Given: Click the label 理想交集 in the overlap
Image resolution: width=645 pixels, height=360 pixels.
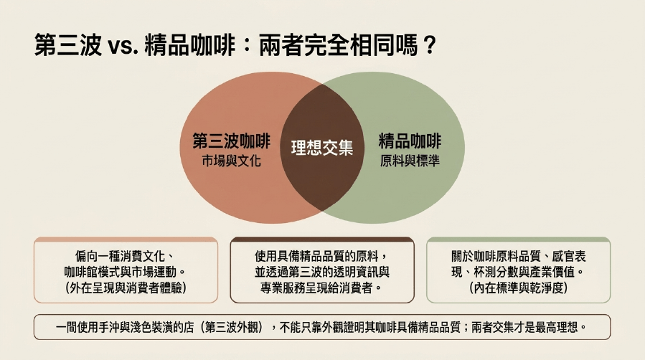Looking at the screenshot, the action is [x=322, y=148].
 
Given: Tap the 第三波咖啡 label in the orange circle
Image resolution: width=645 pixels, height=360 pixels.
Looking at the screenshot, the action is [x=232, y=141].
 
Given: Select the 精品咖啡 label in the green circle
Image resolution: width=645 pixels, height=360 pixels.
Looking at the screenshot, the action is [x=410, y=141].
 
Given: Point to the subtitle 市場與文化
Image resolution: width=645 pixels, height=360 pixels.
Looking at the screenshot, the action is [x=232, y=161].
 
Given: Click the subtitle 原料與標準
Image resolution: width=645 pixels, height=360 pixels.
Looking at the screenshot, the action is [x=410, y=161].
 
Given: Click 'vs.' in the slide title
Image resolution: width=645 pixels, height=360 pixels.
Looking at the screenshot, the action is [x=123, y=46].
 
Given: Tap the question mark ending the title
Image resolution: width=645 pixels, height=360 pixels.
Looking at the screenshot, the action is [x=429, y=45].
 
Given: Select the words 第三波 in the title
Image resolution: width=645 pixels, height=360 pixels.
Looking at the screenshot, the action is [x=68, y=44].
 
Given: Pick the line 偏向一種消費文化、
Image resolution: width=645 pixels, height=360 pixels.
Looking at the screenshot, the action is [x=126, y=257].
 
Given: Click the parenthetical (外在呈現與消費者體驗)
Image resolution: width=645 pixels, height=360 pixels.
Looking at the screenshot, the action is [x=126, y=288].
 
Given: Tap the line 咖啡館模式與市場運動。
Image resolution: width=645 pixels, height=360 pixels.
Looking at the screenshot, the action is [x=126, y=272].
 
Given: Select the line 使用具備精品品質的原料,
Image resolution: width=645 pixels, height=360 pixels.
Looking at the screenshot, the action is [x=321, y=257].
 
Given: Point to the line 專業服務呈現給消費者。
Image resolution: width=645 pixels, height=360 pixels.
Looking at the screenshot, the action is [x=321, y=288].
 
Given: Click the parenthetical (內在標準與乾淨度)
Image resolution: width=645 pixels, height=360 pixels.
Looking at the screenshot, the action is [x=518, y=288].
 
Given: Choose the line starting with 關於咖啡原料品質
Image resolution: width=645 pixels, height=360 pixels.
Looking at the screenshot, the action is [x=518, y=257].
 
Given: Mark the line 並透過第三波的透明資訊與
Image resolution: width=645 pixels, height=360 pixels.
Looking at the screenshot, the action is [x=321, y=272].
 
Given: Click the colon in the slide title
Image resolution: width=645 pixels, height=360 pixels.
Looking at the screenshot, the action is [x=247, y=46].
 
